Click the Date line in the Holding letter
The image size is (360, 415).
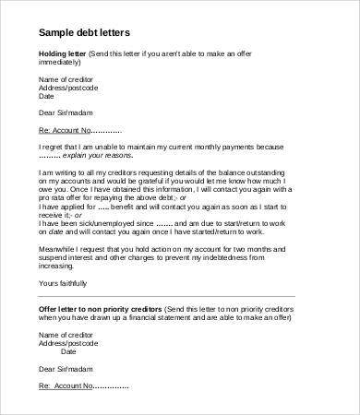(x=47, y=96)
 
